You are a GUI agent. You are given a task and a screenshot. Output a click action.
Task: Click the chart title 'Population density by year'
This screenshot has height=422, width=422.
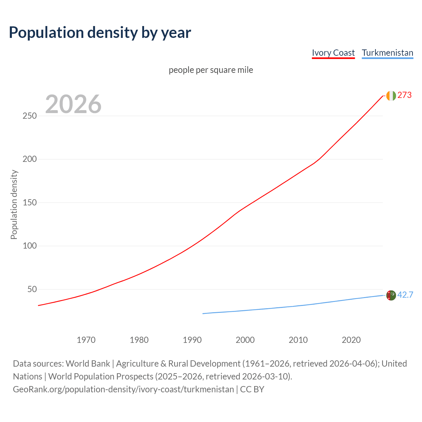(x=100, y=33)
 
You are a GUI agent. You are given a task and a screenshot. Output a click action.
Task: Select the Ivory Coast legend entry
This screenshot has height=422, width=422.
(x=333, y=53)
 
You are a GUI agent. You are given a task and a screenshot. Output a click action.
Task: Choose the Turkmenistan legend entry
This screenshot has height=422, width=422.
(x=387, y=53)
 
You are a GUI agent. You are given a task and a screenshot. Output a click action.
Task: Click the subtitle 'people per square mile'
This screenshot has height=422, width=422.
(x=211, y=70)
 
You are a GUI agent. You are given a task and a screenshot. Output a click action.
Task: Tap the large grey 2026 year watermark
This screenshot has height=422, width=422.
(x=73, y=104)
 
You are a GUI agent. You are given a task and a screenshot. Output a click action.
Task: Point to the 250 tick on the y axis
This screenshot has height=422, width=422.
(x=30, y=116)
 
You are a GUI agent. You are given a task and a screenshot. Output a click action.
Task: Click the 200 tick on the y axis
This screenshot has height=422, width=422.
(x=30, y=159)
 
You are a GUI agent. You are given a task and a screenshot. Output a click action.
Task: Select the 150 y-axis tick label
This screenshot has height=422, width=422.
(x=30, y=203)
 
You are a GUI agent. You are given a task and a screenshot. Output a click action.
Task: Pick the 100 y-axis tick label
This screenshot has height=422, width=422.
(x=30, y=246)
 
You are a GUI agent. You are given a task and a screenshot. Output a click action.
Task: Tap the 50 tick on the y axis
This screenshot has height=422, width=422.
(x=32, y=289)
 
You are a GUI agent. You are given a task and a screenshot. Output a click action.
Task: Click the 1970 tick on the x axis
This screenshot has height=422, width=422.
(x=86, y=340)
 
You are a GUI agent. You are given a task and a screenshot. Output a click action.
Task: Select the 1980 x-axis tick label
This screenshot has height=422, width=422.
(x=139, y=340)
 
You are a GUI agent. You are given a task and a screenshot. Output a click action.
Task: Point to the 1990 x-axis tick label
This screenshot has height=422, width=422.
(x=192, y=340)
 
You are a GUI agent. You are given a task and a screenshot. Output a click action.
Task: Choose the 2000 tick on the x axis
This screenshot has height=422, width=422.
(x=245, y=340)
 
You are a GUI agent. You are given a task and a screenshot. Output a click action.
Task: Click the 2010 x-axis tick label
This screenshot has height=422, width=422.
(x=298, y=340)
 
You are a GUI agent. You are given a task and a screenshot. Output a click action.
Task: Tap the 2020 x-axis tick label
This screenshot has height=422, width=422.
(x=351, y=340)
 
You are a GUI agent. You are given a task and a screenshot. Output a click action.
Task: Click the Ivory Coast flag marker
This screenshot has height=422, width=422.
(x=391, y=96)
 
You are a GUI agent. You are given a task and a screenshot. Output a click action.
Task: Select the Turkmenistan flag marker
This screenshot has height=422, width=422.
(x=391, y=295)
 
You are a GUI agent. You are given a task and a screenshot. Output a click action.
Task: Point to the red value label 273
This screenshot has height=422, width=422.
(x=405, y=95)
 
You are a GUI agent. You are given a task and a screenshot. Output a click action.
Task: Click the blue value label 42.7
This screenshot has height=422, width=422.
(x=405, y=295)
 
